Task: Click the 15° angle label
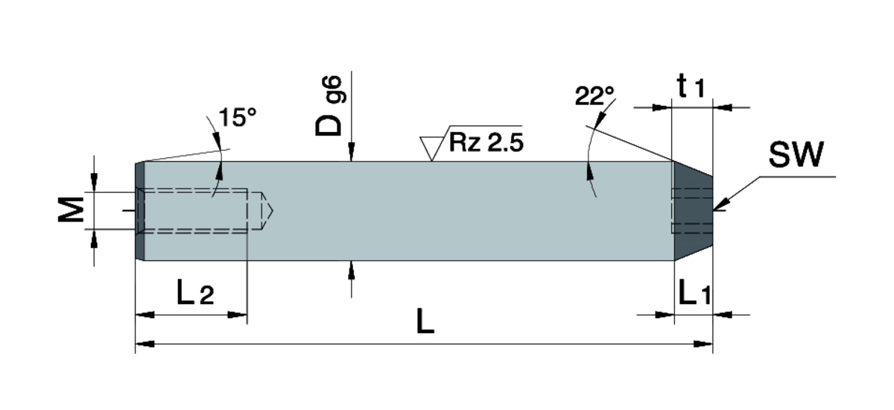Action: tap(237, 118)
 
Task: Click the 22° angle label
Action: tap(595, 96)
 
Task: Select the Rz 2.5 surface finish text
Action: tap(485, 142)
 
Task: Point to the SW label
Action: tap(796, 156)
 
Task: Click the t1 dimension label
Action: tap(691, 87)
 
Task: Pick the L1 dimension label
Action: tap(694, 295)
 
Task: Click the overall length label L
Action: tap(425, 322)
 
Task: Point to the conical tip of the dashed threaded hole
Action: tap(268, 211)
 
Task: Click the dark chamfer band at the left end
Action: tap(139, 211)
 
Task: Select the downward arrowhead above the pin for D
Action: tap(351, 154)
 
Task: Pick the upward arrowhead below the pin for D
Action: tap(351, 268)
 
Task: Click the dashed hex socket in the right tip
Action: tap(691, 211)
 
